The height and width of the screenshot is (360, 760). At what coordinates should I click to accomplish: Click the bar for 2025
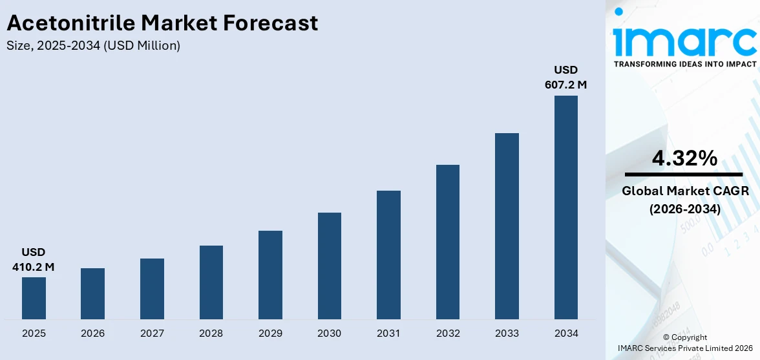(34, 298)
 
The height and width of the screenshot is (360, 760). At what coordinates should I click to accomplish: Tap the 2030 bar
(330, 266)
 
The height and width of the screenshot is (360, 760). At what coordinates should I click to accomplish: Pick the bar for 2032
(448, 242)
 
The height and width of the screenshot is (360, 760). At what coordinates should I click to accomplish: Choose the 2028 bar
(211, 282)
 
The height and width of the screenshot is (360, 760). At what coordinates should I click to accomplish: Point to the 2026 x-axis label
(92, 334)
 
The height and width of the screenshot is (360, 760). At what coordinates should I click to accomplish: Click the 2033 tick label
(507, 334)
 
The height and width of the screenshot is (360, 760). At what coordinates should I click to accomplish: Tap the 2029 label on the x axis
(270, 334)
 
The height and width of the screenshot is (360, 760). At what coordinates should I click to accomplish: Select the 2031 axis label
(388, 334)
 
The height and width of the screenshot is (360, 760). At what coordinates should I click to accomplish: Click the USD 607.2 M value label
(565, 77)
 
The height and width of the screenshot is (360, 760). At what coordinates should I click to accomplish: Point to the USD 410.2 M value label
(34, 259)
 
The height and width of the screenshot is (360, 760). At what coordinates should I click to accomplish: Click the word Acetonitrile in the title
(70, 23)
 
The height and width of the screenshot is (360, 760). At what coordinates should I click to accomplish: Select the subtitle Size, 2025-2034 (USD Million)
(93, 46)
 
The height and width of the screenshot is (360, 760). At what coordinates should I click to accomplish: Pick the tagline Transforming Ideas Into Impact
(684, 65)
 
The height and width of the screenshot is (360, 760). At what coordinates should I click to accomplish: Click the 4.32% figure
(684, 158)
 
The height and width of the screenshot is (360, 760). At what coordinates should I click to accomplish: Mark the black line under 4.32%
(684, 175)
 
